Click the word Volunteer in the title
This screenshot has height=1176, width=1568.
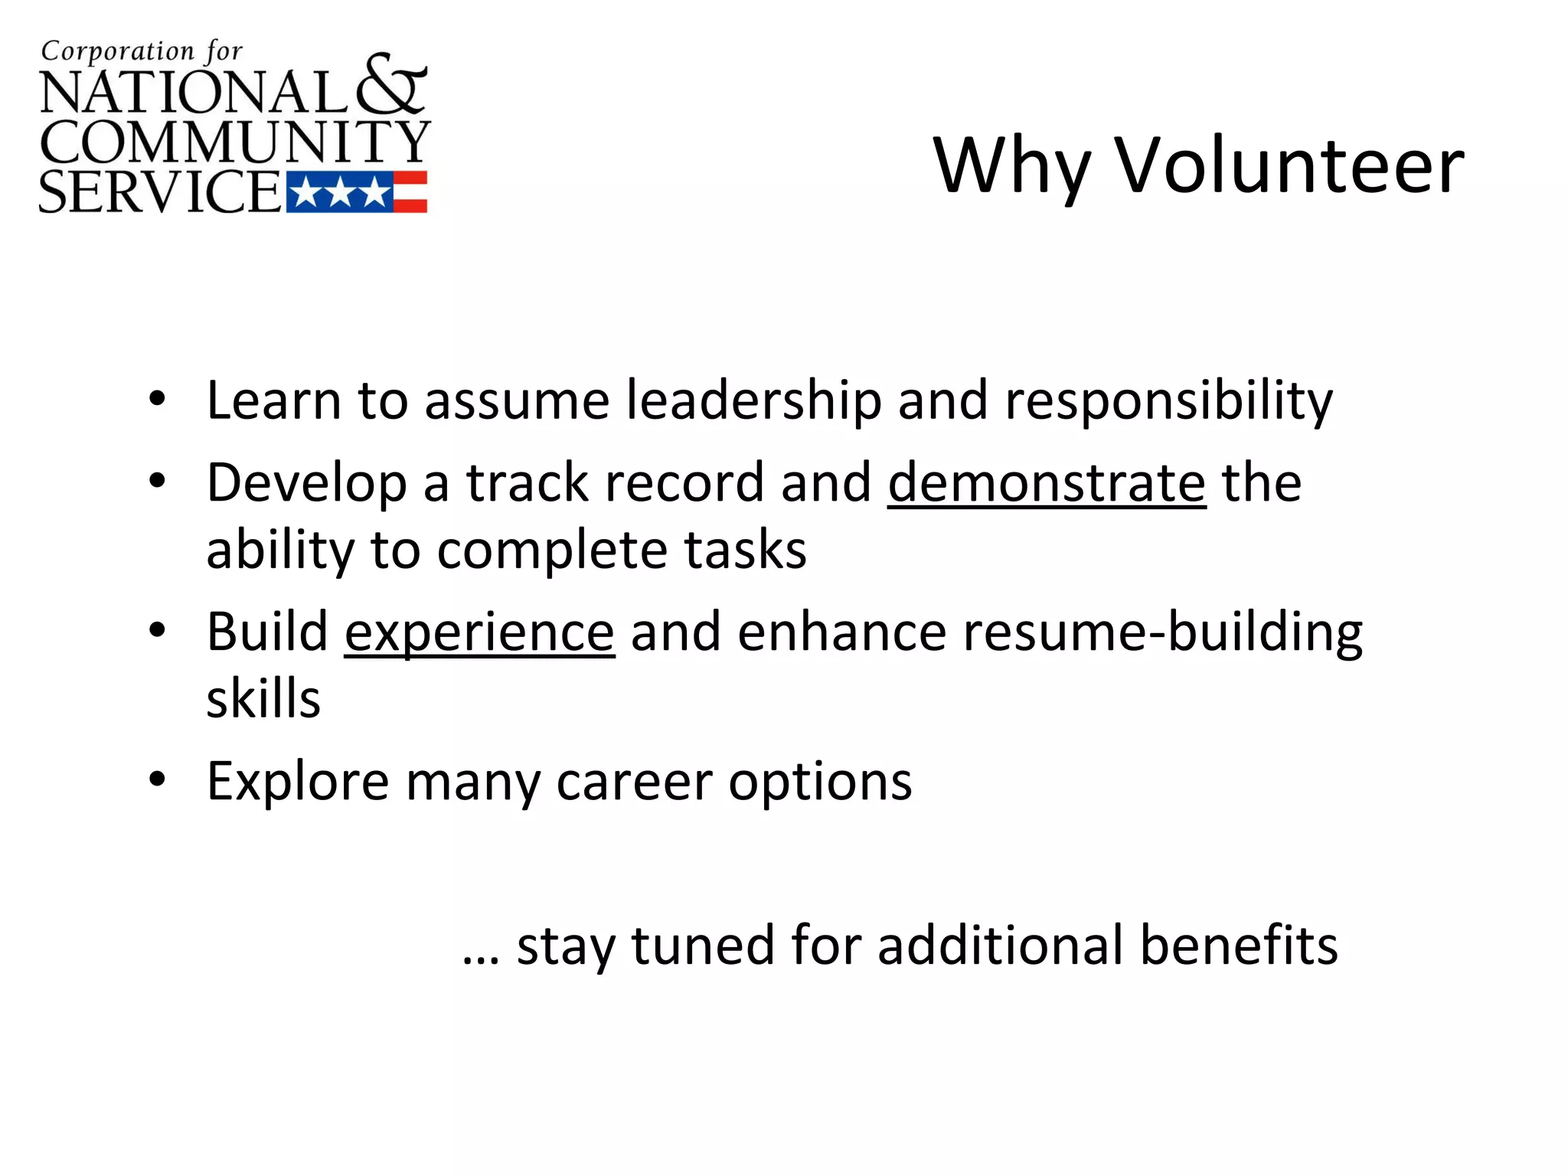(x=1289, y=165)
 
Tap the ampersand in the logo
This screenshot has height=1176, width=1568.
(x=391, y=86)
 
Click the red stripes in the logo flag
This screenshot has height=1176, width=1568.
(x=410, y=191)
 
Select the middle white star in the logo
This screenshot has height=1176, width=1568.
(x=340, y=192)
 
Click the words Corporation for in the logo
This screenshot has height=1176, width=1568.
(x=142, y=52)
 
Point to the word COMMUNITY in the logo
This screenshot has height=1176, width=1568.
(x=234, y=142)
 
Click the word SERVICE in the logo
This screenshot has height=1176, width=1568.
(x=159, y=191)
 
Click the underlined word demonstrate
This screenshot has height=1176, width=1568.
(x=1047, y=483)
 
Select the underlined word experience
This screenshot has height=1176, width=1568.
(x=479, y=632)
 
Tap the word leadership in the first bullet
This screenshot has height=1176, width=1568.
(x=753, y=400)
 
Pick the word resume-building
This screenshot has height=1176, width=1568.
(x=1162, y=632)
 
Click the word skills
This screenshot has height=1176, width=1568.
(x=263, y=698)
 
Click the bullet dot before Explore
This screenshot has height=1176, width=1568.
(x=158, y=780)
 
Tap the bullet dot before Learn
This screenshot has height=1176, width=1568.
(x=158, y=399)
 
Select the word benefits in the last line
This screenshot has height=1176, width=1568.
(x=1238, y=945)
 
